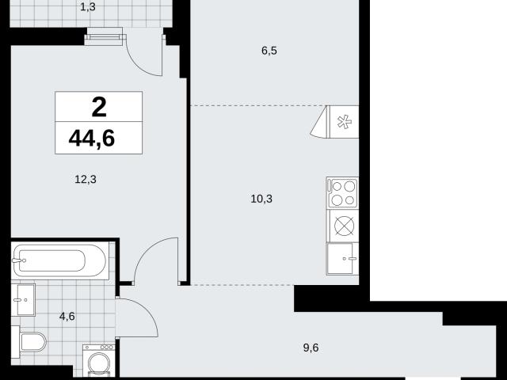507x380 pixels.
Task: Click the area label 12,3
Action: [86, 179]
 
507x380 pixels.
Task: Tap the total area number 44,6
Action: [92, 139]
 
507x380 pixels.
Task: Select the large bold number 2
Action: [99, 108]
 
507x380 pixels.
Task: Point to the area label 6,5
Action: [269, 51]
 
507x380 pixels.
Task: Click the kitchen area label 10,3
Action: [261, 199]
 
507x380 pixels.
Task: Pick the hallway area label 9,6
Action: [311, 348]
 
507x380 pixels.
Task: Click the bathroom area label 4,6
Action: [67, 316]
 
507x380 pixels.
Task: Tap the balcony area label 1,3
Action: [88, 7]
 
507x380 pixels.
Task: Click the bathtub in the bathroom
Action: [59, 260]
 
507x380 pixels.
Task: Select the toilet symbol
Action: [29, 342]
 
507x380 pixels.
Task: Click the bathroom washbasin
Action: [23, 300]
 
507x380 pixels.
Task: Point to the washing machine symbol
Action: [99, 361]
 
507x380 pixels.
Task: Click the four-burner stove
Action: [343, 192]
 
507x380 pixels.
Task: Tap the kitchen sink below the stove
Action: [343, 259]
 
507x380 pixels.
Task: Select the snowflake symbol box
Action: [344, 122]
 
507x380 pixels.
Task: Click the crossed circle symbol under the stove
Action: [344, 225]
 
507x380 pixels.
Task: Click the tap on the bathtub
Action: [19, 260]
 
